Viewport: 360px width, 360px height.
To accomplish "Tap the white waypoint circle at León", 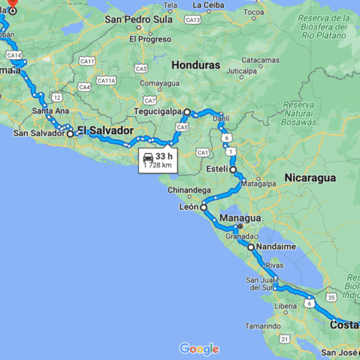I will coord(203,207).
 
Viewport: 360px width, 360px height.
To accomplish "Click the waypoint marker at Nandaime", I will coord(250,247).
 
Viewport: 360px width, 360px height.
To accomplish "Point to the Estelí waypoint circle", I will coord(233,169).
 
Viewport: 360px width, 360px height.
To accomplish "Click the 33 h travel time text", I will coord(165,156).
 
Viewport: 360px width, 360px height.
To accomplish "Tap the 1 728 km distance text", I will coord(159,165).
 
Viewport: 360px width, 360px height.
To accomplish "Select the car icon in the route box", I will coord(148,157).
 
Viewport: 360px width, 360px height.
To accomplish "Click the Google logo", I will coord(199,349).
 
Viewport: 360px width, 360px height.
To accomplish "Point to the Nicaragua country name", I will coord(310,178).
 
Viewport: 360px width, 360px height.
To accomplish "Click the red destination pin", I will coord(12,3).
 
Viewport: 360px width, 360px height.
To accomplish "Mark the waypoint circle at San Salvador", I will coord(70,133).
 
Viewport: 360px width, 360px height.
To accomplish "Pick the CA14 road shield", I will coord(14,55).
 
